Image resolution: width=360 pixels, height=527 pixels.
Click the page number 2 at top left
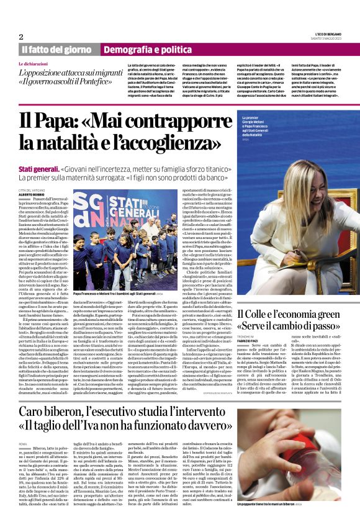pyautogui.click(x=20, y=37)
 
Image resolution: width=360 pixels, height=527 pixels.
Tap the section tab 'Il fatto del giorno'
pyautogui.click(x=55, y=49)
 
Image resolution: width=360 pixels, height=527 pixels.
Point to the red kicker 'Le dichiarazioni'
pyautogui.click(x=35, y=64)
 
